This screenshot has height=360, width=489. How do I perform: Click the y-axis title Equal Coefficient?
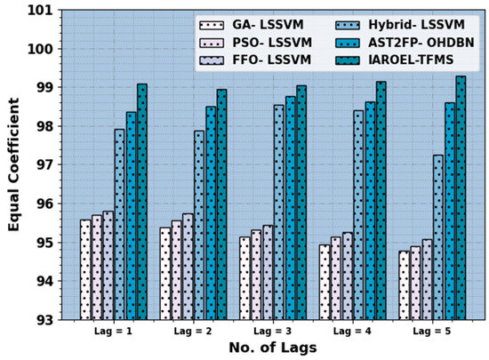point(14,165)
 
